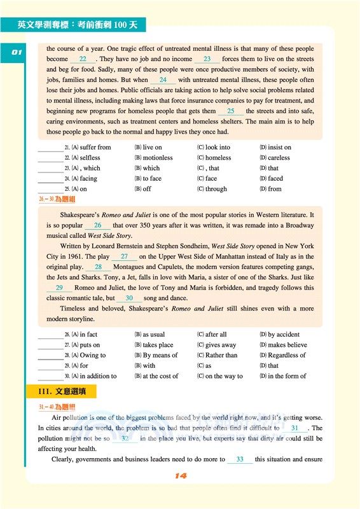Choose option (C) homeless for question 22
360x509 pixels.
coord(214,158)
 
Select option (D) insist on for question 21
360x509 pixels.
coord(275,148)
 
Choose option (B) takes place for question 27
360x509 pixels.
coord(153,345)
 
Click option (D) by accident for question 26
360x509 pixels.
coord(279,335)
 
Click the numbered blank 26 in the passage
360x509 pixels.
coord(97,225)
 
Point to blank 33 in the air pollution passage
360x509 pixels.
coord(240,459)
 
